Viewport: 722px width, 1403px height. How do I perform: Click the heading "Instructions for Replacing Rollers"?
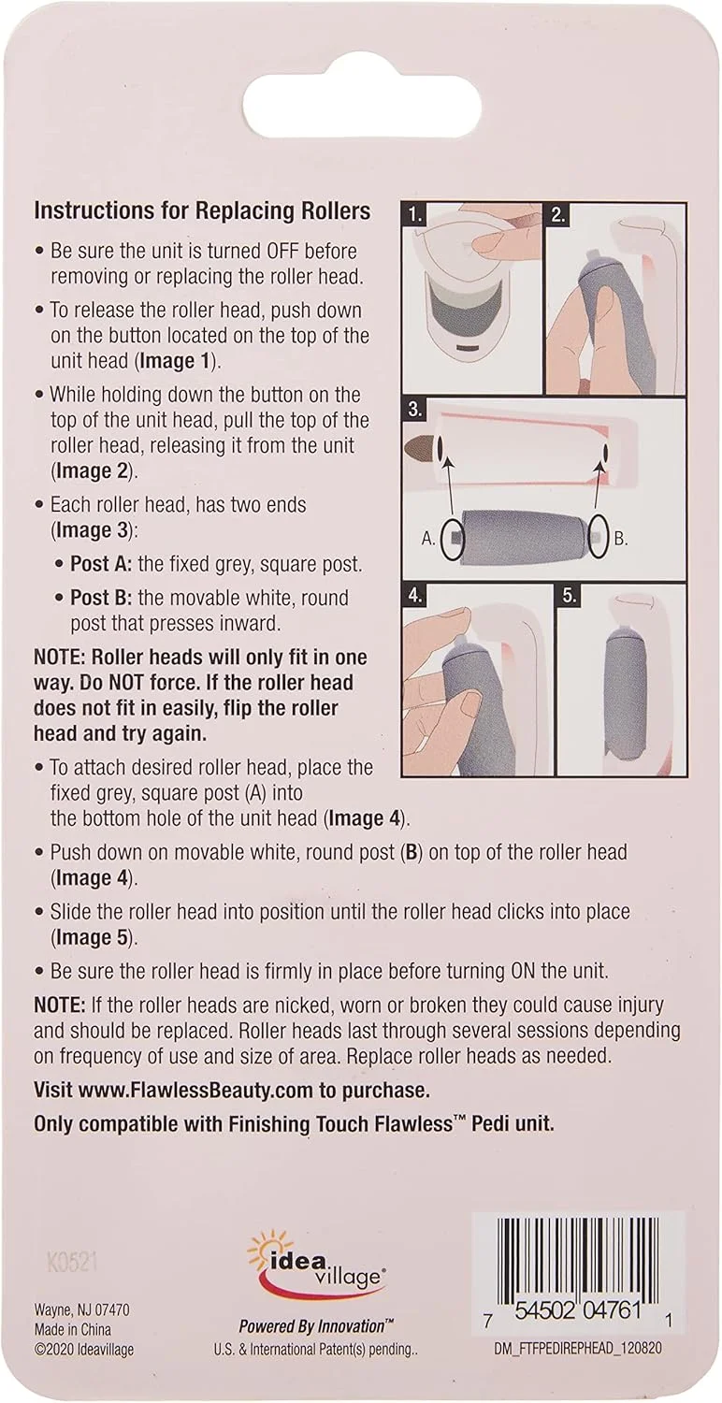[202, 211]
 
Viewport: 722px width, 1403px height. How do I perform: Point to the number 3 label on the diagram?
[415, 411]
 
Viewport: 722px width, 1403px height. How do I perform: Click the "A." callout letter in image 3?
[428, 538]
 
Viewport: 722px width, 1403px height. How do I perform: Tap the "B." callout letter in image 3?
[621, 538]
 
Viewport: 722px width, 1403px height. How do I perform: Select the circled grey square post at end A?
[451, 537]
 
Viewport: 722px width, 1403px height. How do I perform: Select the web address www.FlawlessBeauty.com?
[196, 1091]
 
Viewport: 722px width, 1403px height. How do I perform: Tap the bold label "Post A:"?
[101, 564]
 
